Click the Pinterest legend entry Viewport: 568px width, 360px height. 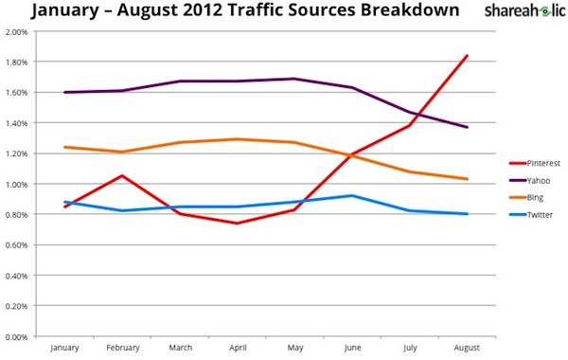531,163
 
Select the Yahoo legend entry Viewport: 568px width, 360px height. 527,180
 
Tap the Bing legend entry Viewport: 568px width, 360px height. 525,197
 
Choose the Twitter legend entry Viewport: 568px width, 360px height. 529,214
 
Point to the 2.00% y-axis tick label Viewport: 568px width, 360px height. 16,31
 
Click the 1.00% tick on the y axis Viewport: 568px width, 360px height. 16,184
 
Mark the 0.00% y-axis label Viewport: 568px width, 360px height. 16,335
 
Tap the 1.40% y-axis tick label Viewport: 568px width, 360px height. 16,123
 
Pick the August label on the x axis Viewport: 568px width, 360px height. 468,349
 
